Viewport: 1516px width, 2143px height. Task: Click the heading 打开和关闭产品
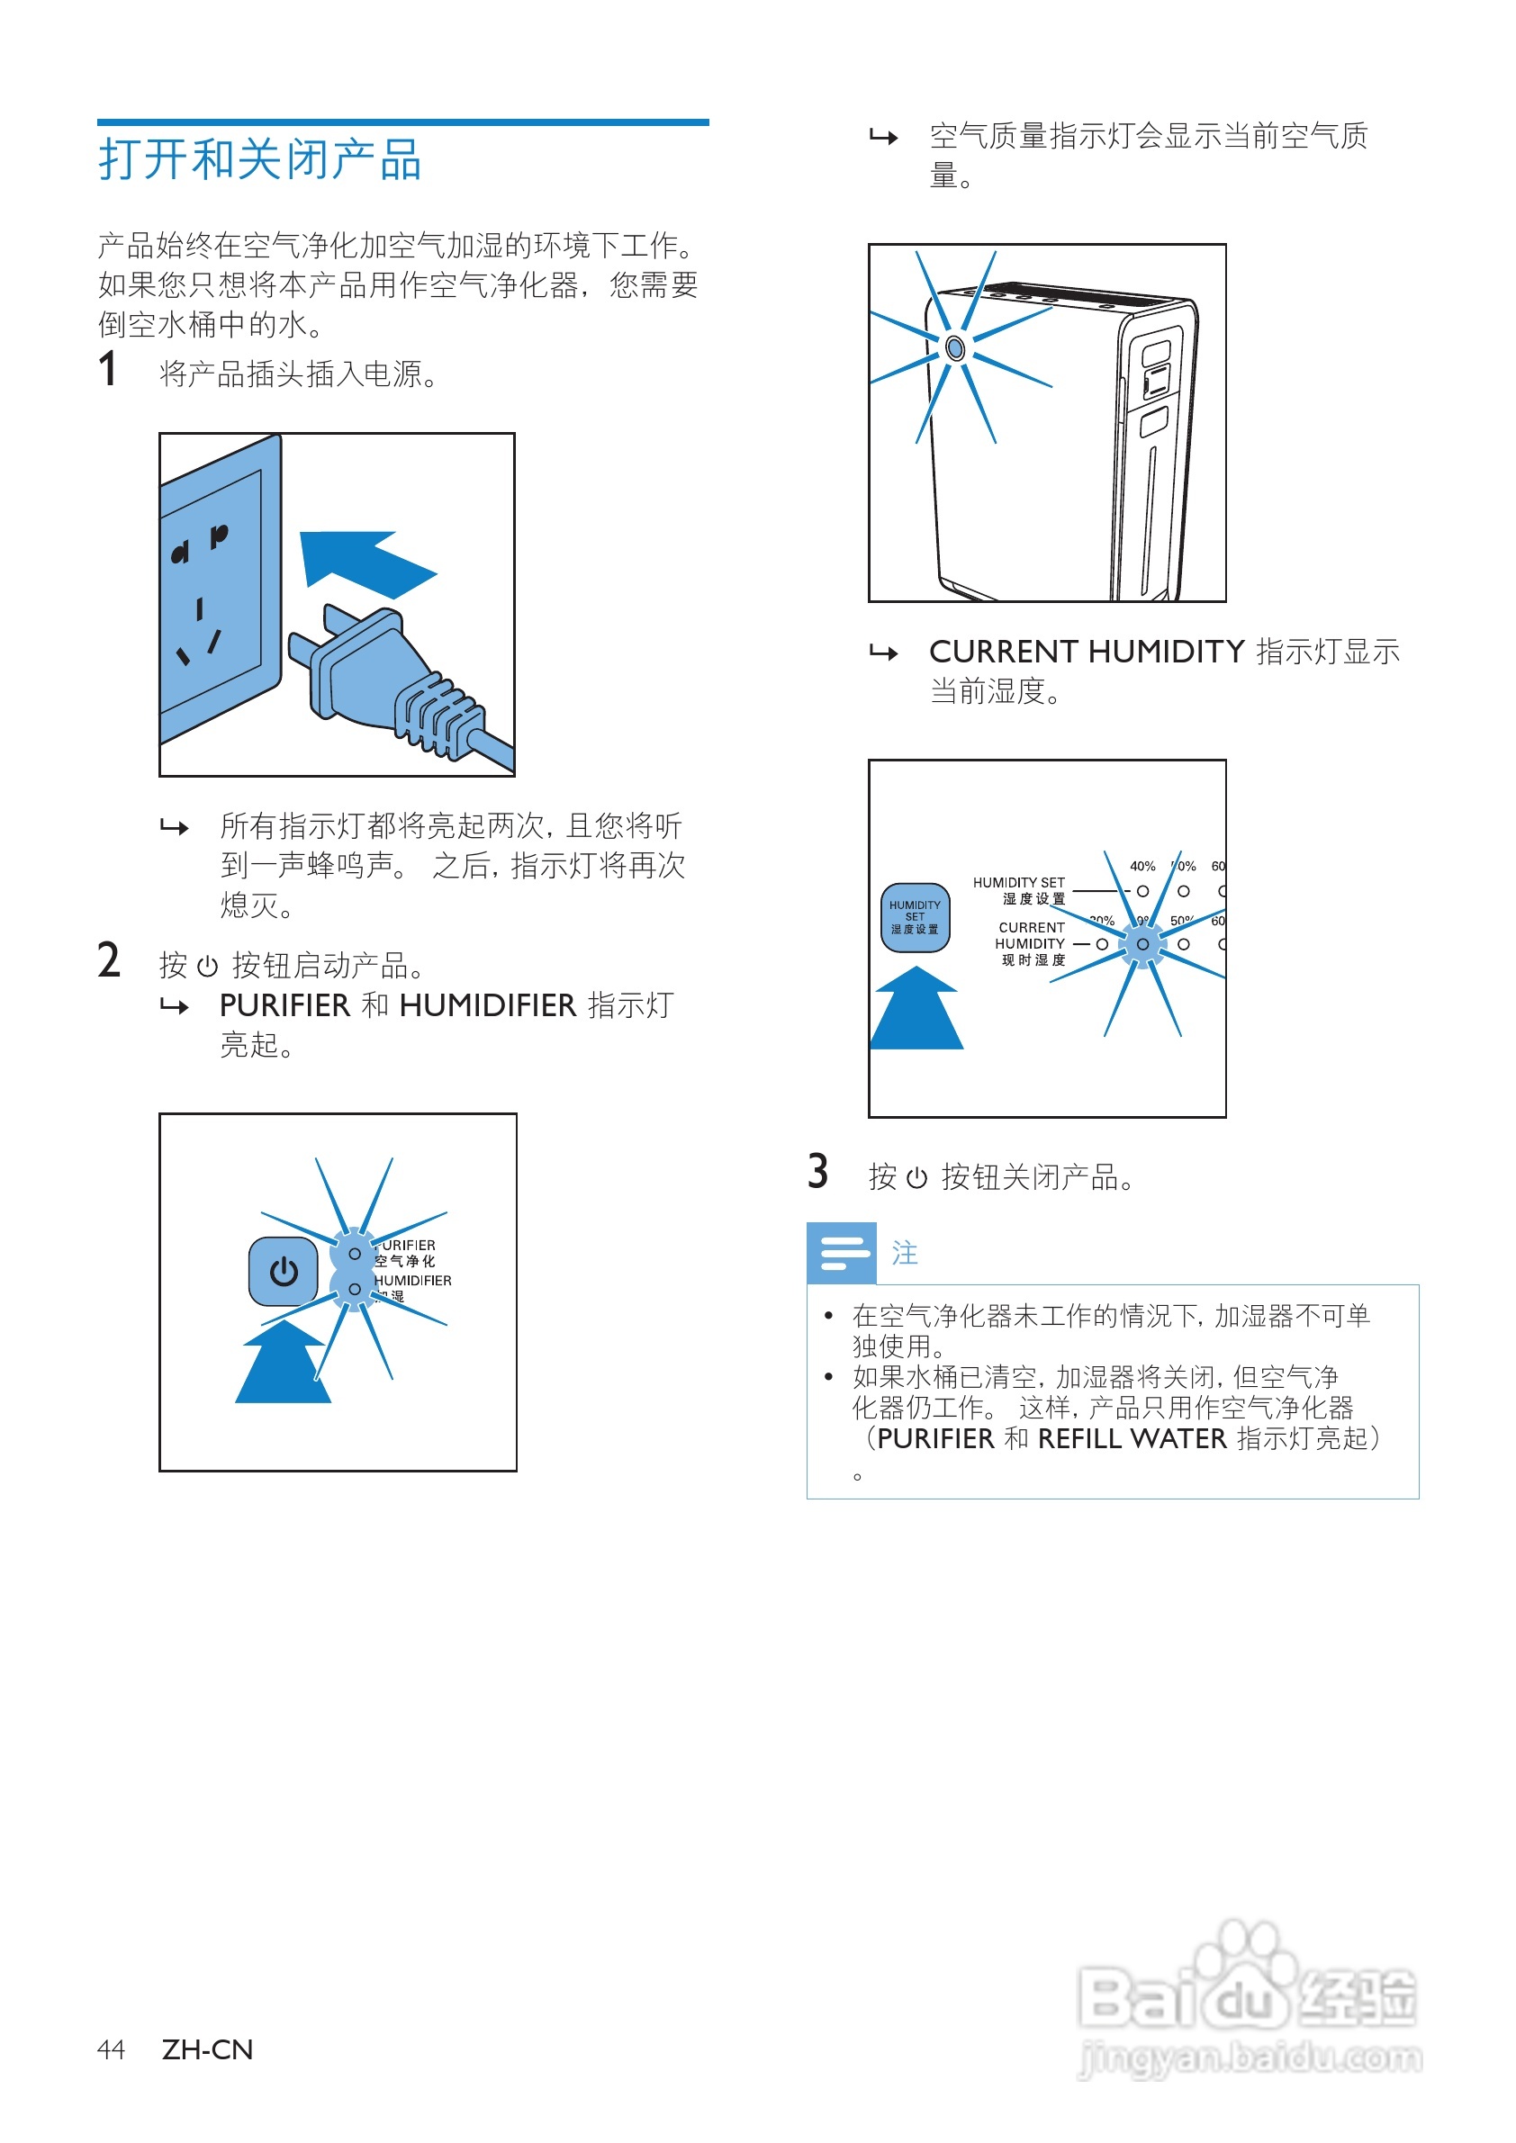point(259,159)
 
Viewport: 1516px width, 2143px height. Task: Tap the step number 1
point(107,370)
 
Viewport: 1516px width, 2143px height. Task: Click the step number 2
point(108,960)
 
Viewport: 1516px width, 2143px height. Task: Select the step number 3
point(817,1171)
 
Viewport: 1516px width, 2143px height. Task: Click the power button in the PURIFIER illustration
point(284,1271)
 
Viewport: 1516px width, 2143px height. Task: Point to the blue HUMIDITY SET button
point(915,917)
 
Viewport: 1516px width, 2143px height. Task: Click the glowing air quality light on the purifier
point(954,348)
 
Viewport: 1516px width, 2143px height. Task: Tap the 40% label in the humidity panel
point(1142,866)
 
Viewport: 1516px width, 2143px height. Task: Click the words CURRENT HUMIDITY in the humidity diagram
point(1030,935)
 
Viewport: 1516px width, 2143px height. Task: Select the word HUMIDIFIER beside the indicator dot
point(412,1281)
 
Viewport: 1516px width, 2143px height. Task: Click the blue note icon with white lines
point(841,1253)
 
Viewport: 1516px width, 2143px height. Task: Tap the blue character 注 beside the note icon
point(905,1253)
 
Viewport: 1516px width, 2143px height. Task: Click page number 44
point(110,2049)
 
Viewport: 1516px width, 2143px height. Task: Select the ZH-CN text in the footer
point(207,2049)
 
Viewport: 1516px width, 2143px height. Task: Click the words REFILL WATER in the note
point(1132,1438)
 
